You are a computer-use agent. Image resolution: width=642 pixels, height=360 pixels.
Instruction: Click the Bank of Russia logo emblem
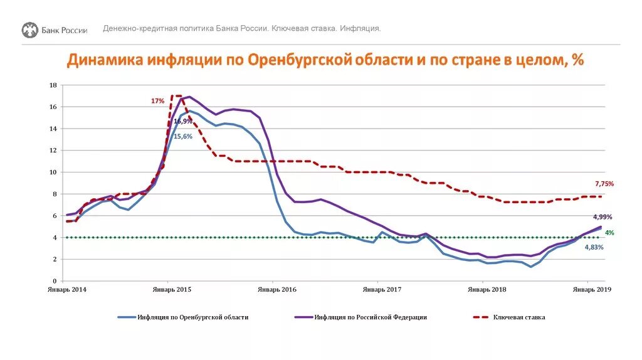[x=29, y=29]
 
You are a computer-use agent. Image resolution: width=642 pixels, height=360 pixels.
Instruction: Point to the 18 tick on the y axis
[x=53, y=85]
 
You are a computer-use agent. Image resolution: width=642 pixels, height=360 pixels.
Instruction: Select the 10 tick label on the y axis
[x=53, y=172]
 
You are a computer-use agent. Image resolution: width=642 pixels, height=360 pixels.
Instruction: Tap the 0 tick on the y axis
[x=55, y=281]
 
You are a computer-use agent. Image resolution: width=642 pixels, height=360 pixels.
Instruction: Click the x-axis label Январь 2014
[x=66, y=290]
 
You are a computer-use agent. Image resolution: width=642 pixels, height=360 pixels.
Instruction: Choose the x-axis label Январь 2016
[x=276, y=290]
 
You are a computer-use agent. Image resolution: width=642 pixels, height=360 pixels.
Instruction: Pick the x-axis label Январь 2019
[x=592, y=290]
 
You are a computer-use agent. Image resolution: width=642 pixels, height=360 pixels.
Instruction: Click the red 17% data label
[x=157, y=101]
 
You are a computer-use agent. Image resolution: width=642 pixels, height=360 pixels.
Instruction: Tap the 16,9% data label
[x=183, y=122]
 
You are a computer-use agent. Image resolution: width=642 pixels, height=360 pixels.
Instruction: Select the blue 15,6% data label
[x=183, y=136]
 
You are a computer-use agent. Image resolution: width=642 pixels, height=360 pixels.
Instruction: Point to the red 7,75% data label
[x=604, y=184]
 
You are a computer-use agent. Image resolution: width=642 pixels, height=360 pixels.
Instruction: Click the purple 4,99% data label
[x=602, y=217]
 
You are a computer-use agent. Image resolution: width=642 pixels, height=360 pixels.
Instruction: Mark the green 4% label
[x=609, y=233]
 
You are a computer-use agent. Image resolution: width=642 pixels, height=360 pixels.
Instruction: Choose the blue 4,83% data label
[x=594, y=248]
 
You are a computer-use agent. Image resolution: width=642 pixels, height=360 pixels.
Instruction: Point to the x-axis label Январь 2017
[x=382, y=290]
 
